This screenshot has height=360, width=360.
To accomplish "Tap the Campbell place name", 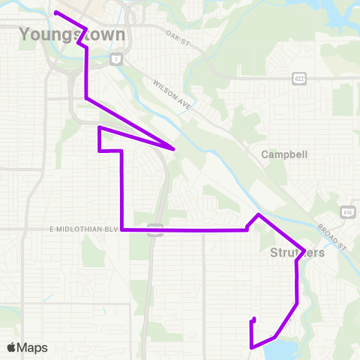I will pyautogui.click(x=281, y=154).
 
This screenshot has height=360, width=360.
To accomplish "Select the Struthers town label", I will pyautogui.click(x=297, y=253).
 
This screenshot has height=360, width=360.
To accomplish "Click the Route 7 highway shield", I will pyautogui.click(x=116, y=58).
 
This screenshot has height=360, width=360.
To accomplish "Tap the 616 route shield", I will pyautogui.click(x=347, y=211).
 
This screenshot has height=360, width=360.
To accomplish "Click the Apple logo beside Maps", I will pyautogui.click(x=12, y=347).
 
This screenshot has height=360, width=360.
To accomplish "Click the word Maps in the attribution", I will pyautogui.click(x=32, y=347).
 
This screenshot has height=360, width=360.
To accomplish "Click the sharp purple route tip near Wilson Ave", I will pyautogui.click(x=175, y=148).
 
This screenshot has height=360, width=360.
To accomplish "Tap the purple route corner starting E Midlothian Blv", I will pyautogui.click(x=122, y=229).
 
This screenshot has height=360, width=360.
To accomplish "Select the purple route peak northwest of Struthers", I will pyautogui.click(x=259, y=215).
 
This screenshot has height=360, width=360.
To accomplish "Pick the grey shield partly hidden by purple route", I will pyautogui.click(x=155, y=229).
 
